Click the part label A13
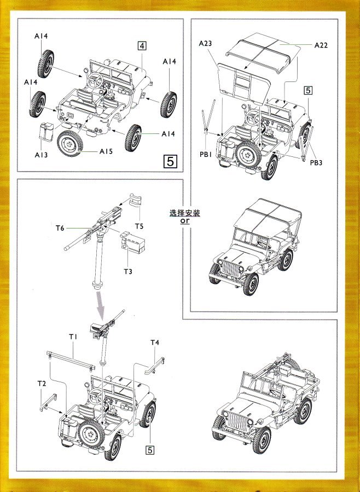[42, 155]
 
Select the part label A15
[106, 151]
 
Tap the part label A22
[321, 46]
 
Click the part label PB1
[205, 155]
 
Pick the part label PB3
[317, 162]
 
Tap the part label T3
[128, 271]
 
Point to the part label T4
[155, 343]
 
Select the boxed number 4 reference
[141, 46]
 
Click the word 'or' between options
[184, 220]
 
